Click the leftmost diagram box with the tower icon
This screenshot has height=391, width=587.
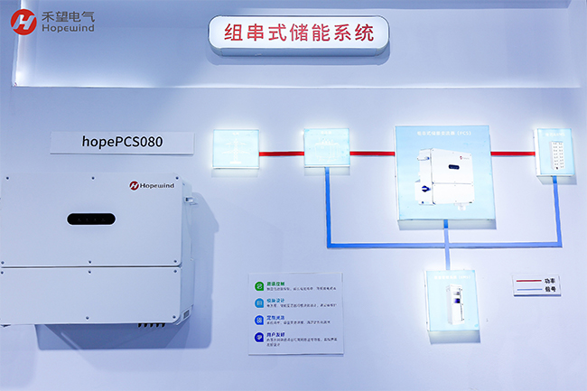[235, 147]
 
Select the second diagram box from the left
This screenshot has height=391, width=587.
[325, 147]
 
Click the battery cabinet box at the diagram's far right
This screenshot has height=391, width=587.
[552, 154]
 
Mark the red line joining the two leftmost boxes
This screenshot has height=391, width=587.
[280, 154]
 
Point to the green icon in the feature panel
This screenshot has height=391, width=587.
[259, 284]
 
